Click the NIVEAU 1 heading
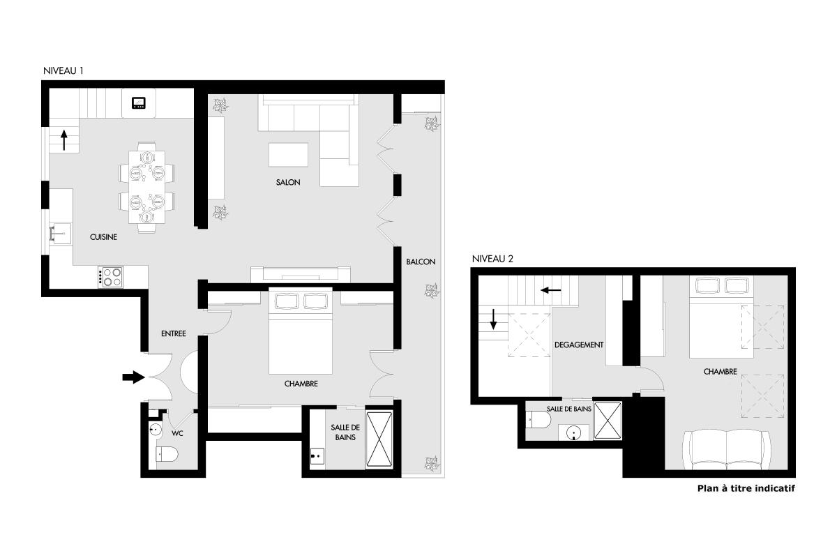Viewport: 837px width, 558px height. click(63, 70)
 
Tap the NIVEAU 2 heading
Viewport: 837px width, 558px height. click(492, 259)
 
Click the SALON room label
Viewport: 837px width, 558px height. click(288, 182)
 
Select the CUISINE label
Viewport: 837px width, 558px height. click(103, 237)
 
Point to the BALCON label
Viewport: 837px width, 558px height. click(421, 262)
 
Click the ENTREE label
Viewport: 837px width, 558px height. click(174, 333)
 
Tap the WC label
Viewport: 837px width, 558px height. click(177, 433)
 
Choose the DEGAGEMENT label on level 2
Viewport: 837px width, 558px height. click(579, 345)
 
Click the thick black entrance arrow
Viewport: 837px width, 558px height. click(134, 377)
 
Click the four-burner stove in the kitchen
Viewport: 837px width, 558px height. click(110, 277)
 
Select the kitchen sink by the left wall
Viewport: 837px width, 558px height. click(61, 234)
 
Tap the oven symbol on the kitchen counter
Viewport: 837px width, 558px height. click(139, 103)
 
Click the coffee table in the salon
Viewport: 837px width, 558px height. click(289, 155)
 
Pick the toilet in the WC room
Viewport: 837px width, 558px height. click(167, 455)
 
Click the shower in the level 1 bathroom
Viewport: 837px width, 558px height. click(379, 439)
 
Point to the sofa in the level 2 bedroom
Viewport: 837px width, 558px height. click(726, 450)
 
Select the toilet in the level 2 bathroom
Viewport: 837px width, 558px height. click(538, 420)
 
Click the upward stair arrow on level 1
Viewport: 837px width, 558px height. click(64, 139)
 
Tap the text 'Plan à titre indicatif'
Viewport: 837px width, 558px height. click(746, 488)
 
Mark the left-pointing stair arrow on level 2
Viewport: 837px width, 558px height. click(551, 290)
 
